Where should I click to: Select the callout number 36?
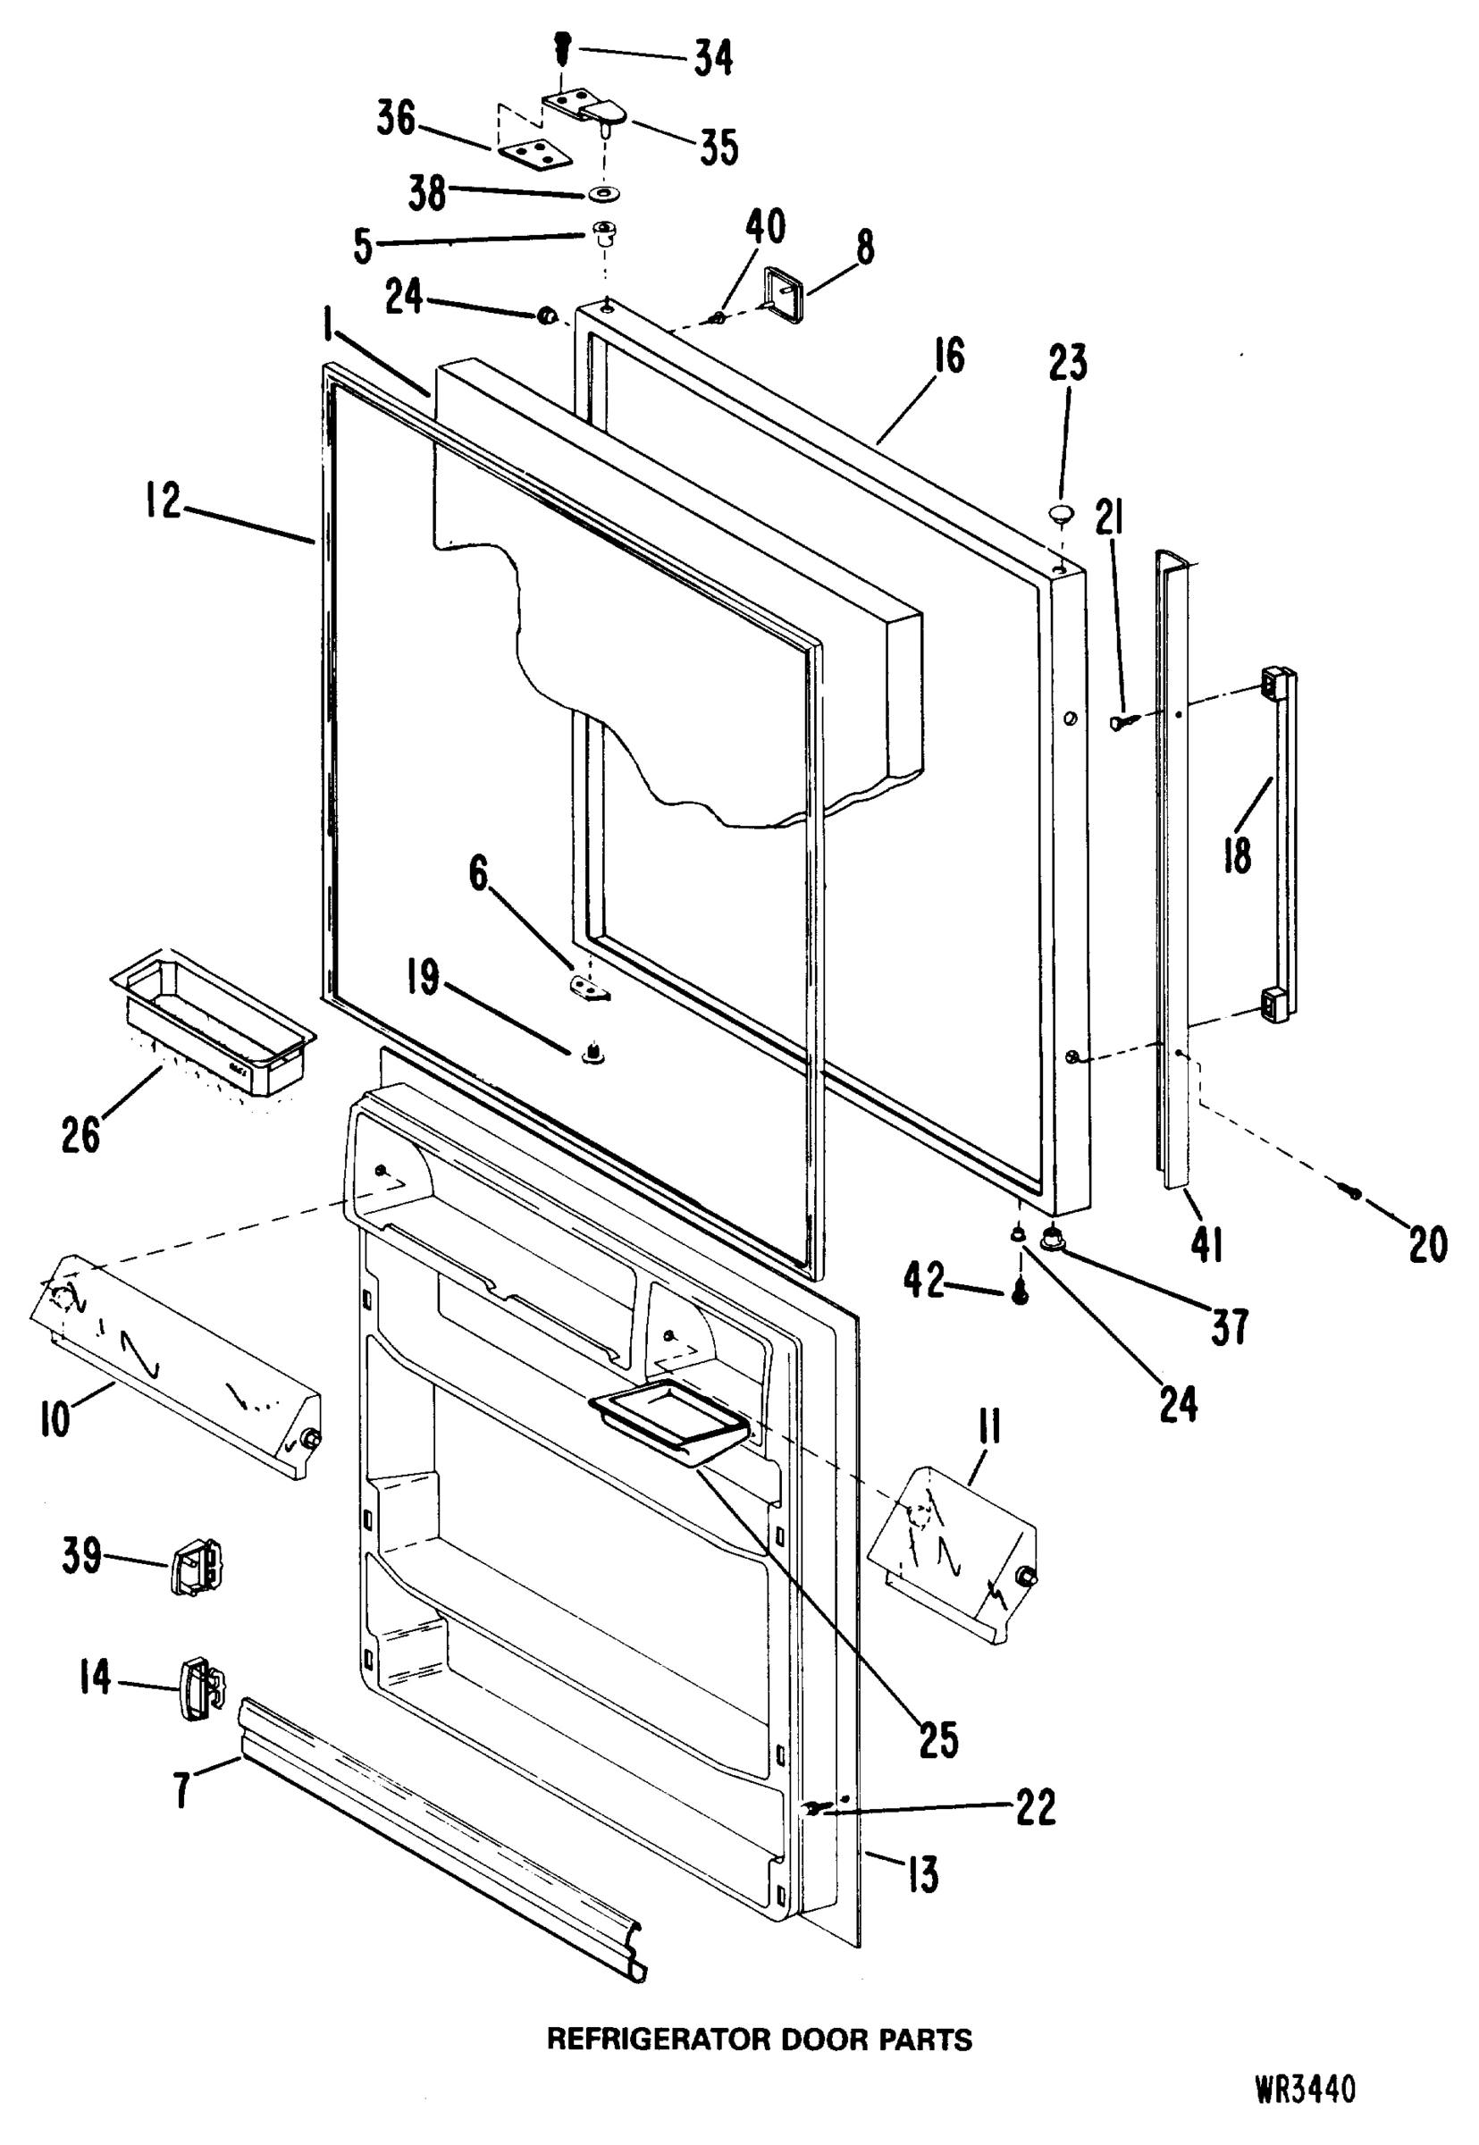[x=396, y=119]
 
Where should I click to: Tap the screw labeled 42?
[x=1021, y=1293]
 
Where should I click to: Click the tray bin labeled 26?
[x=214, y=1025]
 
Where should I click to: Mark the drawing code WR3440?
[x=1307, y=2091]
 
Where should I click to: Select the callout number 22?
[x=1035, y=1806]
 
